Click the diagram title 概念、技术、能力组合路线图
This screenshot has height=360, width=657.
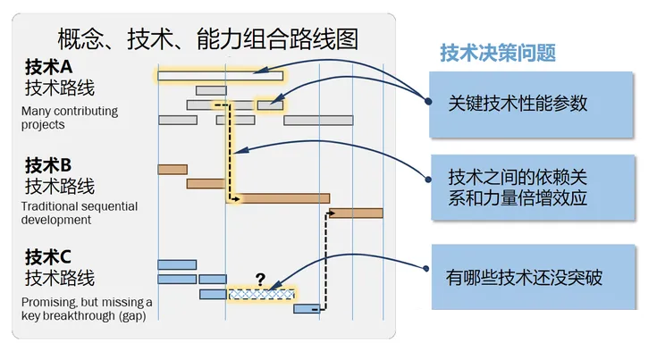tap(207, 39)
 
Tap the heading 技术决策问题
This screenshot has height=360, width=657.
tap(498, 54)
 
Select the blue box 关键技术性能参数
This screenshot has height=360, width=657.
tap(531, 105)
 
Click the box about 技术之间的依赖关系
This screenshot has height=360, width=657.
tap(533, 187)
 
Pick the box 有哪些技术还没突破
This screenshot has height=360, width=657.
tap(534, 277)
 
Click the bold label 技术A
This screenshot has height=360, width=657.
tap(48, 67)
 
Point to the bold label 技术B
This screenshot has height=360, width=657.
tap(48, 165)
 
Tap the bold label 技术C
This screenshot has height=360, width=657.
tap(48, 257)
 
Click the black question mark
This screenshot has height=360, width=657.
tap(260, 280)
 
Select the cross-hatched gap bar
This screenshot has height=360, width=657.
tap(261, 294)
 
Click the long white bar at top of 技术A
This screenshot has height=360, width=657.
tap(221, 76)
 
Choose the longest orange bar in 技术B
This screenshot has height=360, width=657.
tap(279, 198)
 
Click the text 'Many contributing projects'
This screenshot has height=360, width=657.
tap(70, 118)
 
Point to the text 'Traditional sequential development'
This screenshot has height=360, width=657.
tap(80, 213)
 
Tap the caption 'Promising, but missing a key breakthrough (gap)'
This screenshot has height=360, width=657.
tap(87, 308)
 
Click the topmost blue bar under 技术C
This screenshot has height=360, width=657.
tap(177, 264)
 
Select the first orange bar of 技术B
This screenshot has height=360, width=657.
tap(173, 170)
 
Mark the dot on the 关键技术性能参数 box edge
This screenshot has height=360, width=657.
tap(428, 101)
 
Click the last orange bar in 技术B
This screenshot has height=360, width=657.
tap(356, 213)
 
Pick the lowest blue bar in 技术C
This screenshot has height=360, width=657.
tap(307, 309)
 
